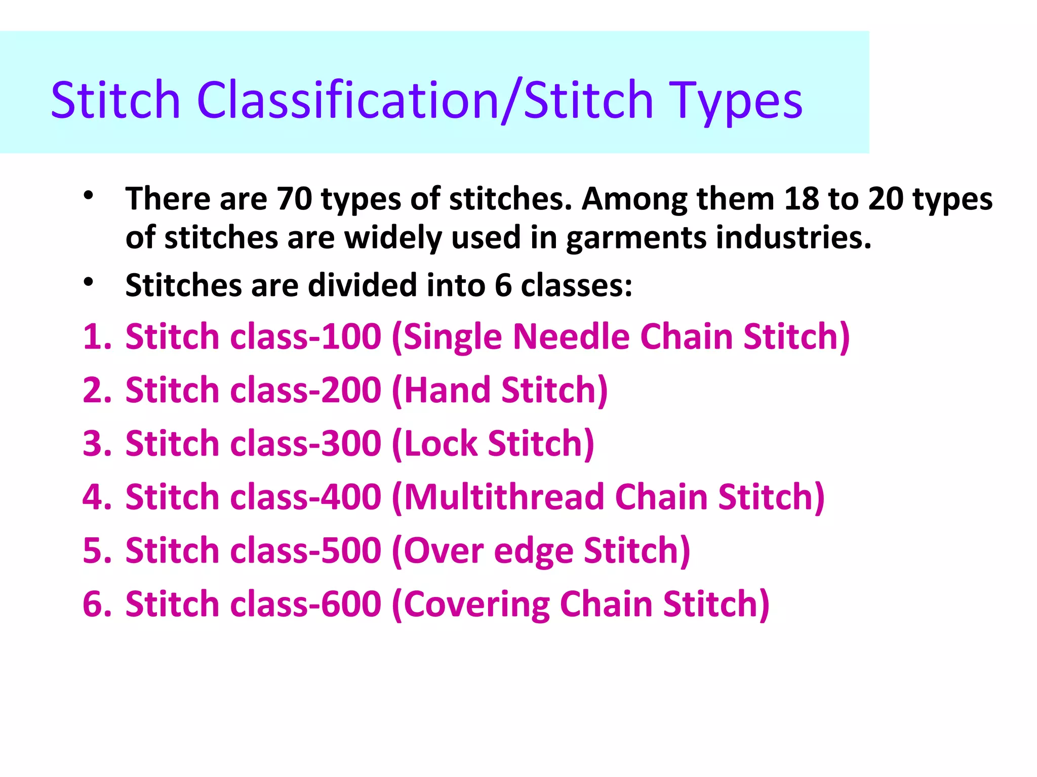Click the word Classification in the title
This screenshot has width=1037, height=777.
click(x=349, y=100)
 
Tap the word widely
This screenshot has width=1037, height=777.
click(x=393, y=238)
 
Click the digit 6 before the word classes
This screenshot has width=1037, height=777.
click(x=503, y=285)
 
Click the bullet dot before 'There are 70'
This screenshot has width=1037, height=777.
click(x=89, y=196)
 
